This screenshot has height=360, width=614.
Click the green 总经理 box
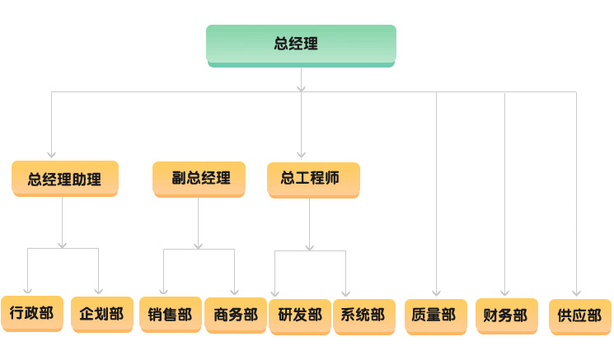pyautogui.click(x=301, y=46)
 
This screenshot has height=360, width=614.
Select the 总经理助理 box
pyautogui.click(x=65, y=179)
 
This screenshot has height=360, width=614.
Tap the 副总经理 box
pyautogui.click(x=199, y=180)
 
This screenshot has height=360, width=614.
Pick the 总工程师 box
pyautogui.click(x=313, y=180)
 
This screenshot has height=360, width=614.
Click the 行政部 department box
pyautogui.click(x=32, y=313)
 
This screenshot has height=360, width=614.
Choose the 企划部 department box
pyautogui.click(x=102, y=314)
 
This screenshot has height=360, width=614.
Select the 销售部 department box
pyautogui.click(x=171, y=315)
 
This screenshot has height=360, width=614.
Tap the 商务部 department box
pyautogui.click(x=236, y=316)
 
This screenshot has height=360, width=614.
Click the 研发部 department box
pyautogui.click(x=300, y=316)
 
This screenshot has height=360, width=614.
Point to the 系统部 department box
pyautogui.click(x=364, y=316)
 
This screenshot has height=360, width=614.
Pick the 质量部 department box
pyautogui.click(x=436, y=316)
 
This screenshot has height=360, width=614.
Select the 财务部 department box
pyautogui.click(x=507, y=316)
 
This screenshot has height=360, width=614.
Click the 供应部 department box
pyautogui.click(x=580, y=316)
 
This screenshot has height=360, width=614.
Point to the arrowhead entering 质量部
pyautogui.click(x=437, y=293)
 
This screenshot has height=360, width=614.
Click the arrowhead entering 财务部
pyautogui.click(x=504, y=292)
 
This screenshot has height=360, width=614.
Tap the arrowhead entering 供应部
pyautogui.click(x=576, y=293)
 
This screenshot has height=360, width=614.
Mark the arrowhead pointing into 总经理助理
pyautogui.click(x=51, y=155)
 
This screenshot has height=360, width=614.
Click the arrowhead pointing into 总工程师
pyautogui.click(x=301, y=155)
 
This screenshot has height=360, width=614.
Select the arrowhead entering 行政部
pyautogui.click(x=27, y=290)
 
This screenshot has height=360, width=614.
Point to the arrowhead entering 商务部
pyautogui.click(x=235, y=292)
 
